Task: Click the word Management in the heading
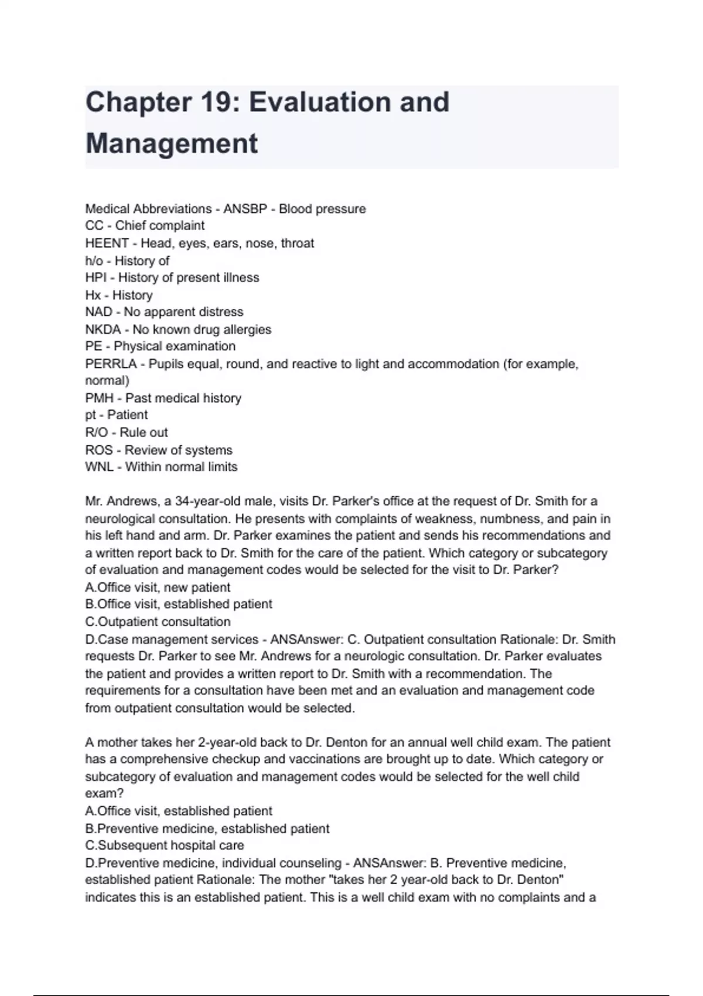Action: click(x=172, y=144)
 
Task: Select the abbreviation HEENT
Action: click(x=107, y=243)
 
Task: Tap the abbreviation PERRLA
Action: click(x=111, y=364)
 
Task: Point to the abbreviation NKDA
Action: click(x=103, y=329)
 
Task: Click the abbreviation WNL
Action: click(x=99, y=467)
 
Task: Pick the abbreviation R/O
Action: click(x=97, y=432)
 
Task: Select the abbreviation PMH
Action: click(x=99, y=398)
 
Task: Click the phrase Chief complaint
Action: click(x=160, y=226)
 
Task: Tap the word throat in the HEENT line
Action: click(x=297, y=243)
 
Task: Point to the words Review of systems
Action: click(x=178, y=450)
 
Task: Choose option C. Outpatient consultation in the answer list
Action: click(x=158, y=622)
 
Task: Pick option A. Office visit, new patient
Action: click(x=158, y=587)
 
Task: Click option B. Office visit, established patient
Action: click(x=179, y=604)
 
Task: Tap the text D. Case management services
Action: click(x=172, y=639)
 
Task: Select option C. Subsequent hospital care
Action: click(x=165, y=845)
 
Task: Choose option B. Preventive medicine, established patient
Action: click(x=207, y=828)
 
